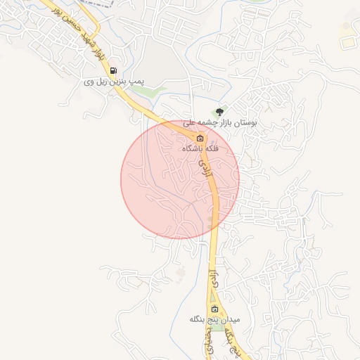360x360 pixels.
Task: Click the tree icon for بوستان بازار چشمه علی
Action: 219,111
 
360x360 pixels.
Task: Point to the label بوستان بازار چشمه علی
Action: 220,122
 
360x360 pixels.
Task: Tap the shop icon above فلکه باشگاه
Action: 200,137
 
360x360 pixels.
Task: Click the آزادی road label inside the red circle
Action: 205,166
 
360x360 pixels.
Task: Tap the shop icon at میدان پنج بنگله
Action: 215,309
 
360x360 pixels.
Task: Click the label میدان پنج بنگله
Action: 214,320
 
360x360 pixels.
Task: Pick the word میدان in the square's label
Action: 231,320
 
